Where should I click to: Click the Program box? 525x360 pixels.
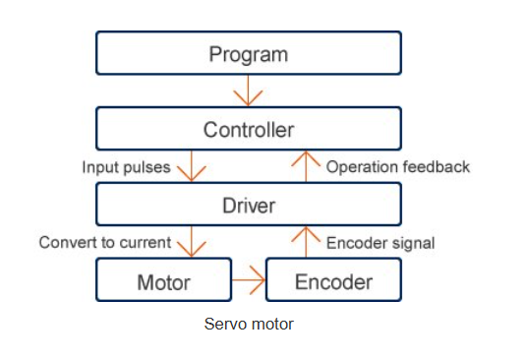click(248, 53)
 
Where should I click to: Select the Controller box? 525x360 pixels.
click(248, 129)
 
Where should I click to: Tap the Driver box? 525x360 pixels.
click(248, 206)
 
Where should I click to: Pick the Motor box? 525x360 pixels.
click(163, 281)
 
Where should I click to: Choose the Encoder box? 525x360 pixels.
click(334, 281)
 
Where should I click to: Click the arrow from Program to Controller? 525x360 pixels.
click(248, 91)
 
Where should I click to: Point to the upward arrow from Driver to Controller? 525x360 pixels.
click(306, 167)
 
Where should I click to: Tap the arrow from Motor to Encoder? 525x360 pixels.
click(250, 282)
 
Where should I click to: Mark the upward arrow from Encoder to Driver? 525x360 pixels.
click(306, 243)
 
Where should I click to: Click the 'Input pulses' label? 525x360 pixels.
click(126, 167)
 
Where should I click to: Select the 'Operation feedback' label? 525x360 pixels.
click(397, 167)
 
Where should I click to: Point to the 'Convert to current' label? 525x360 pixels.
click(104, 242)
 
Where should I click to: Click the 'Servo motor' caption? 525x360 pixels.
click(249, 323)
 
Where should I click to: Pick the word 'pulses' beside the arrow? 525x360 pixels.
click(147, 167)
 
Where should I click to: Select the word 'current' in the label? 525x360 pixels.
click(146, 242)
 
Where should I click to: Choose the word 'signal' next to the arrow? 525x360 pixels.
click(412, 242)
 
